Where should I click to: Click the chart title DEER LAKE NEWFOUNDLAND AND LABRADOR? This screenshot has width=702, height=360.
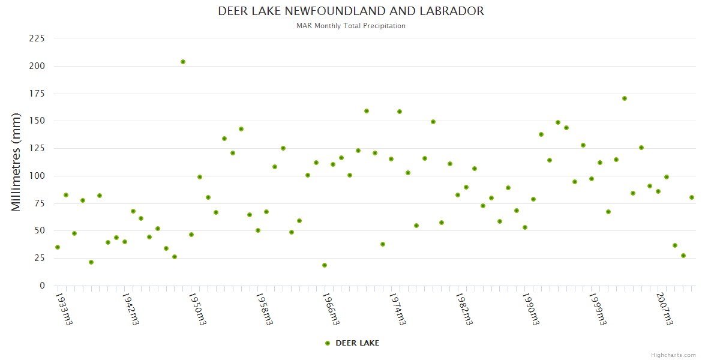coord(351,11)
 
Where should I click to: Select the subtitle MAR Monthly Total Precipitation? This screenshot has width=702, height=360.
coord(351,26)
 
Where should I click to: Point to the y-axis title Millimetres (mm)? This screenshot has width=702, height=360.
coord(16,162)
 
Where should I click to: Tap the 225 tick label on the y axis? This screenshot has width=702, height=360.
coord(37,38)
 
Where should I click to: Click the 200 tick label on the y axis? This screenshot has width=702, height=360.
coord(37,66)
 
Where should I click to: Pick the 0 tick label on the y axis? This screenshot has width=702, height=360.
coord(42,286)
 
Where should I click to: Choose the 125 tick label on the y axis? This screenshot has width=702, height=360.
coord(37,148)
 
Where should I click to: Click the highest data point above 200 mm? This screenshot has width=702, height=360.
coord(183,62)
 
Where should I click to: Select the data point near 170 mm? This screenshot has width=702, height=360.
coord(625,98)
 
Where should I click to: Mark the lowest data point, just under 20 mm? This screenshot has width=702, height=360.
coord(325,265)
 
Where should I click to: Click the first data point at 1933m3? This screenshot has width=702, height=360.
coord(58,247)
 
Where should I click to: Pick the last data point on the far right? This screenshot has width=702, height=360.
coord(692,197)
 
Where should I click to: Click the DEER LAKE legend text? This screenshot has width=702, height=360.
coord(357,343)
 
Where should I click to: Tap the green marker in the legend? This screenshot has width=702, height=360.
coord(328,343)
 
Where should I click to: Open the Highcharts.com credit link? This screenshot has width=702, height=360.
coord(673,355)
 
